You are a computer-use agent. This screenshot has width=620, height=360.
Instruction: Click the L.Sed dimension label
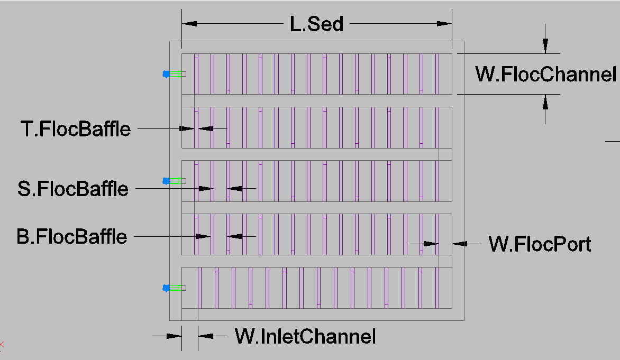pyautogui.click(x=316, y=24)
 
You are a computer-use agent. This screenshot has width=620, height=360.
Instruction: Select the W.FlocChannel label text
pyautogui.click(x=545, y=75)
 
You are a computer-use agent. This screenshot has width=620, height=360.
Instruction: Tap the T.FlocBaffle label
pyautogui.click(x=76, y=129)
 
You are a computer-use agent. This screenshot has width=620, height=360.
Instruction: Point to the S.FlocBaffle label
pyautogui.click(x=73, y=189)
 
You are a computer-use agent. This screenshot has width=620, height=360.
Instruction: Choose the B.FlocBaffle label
pyautogui.click(x=72, y=237)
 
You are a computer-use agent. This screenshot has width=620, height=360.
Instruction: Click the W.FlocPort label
pyautogui.click(x=540, y=244)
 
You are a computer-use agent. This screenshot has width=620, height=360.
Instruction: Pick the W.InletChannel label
pyautogui.click(x=305, y=336)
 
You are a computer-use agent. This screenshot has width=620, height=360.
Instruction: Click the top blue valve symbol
pyautogui.click(x=166, y=74)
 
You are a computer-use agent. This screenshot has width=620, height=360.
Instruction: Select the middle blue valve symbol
pyautogui.click(x=166, y=181)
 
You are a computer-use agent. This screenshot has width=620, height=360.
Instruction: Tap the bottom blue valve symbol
pyautogui.click(x=166, y=288)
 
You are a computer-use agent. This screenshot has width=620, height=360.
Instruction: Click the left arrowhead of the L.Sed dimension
pyautogui.click(x=189, y=24)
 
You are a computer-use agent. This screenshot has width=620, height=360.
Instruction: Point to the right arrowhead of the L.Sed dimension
pyautogui.click(x=444, y=24)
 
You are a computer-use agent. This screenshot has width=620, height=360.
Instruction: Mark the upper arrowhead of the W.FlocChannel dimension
pyautogui.click(x=545, y=46)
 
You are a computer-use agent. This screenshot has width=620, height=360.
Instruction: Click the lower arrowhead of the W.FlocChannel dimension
pyautogui.click(x=545, y=102)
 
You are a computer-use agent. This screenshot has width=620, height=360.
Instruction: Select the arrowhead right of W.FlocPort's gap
pyautogui.click(x=460, y=244)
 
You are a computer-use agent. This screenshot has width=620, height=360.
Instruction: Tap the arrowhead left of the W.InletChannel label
pyautogui.click(x=174, y=336)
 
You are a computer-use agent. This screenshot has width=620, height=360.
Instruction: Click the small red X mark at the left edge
pyautogui.click(x=1, y=345)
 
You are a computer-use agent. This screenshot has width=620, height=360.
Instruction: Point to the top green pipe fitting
pyautogui.click(x=176, y=74)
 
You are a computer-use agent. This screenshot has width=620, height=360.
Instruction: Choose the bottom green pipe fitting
pyautogui.click(x=176, y=288)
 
